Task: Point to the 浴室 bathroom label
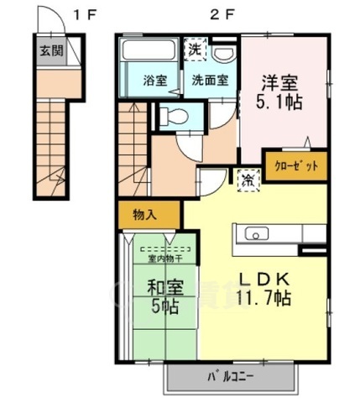(x=154, y=81)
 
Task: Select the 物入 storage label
(x=144, y=215)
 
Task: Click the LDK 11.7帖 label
(x=265, y=288)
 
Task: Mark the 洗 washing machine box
(x=194, y=48)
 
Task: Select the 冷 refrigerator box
(x=248, y=179)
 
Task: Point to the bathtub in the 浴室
(x=148, y=52)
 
